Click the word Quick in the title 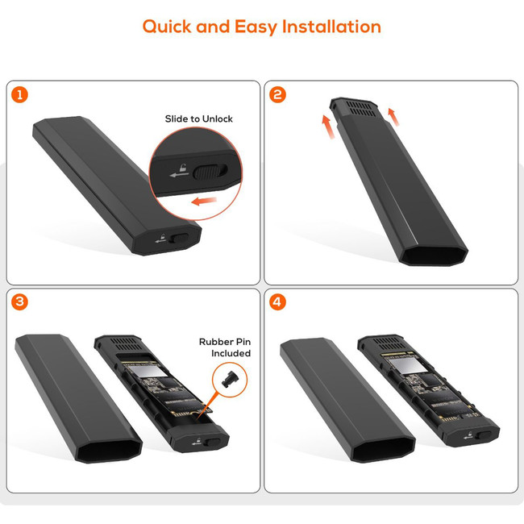coord(167,27)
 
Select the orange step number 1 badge coord(19,95)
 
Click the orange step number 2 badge coord(277,95)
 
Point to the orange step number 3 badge coord(19,302)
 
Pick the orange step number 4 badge coord(277,302)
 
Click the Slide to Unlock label coord(199,119)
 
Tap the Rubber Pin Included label coord(225,347)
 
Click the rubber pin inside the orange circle coord(229,380)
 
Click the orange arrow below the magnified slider coord(204,202)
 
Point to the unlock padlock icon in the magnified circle coord(182,168)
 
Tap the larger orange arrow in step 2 coord(328,127)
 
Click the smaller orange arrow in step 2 coord(393,117)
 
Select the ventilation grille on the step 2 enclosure coord(361,109)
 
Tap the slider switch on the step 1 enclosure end coord(179,239)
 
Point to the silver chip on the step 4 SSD coord(403,364)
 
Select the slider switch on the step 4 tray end coord(484,435)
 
